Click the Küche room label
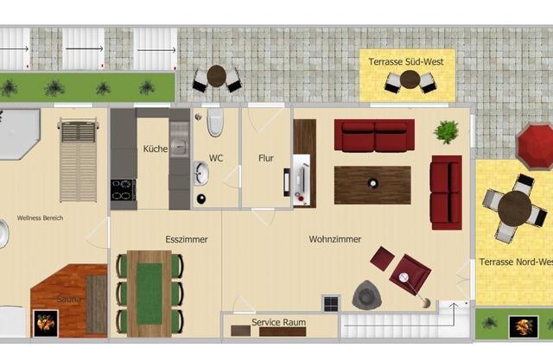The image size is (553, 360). pyautogui.click(x=156, y=148)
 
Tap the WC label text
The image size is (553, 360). pyautogui.click(x=216, y=158)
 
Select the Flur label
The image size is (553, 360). pyautogui.click(x=266, y=158)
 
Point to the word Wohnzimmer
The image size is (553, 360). pyautogui.click(x=335, y=239)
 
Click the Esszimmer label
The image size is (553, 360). pyautogui.click(x=187, y=239)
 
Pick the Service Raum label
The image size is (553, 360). pyautogui.click(x=278, y=322)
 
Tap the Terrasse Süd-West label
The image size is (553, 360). pyautogui.click(x=406, y=61)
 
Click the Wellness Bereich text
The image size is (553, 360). pyautogui.click(x=41, y=218)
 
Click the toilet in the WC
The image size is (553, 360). pyautogui.click(x=215, y=123)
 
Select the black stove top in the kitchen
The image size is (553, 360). pyautogui.click(x=124, y=190)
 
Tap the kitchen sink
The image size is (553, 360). pyautogui.click(x=179, y=144)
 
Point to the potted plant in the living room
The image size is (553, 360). pyautogui.click(x=446, y=132)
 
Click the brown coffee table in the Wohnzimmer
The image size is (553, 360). pyautogui.click(x=372, y=186)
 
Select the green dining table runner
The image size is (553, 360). pyautogui.click(x=149, y=294)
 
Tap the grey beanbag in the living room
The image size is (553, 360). pyautogui.click(x=366, y=295)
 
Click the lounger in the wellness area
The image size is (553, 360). pyautogui.click(x=78, y=161)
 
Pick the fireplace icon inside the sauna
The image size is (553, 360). pyautogui.click(x=46, y=324)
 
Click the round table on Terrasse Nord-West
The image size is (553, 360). pyautogui.click(x=515, y=209)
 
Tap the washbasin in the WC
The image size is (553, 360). pyautogui.click(x=201, y=174)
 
